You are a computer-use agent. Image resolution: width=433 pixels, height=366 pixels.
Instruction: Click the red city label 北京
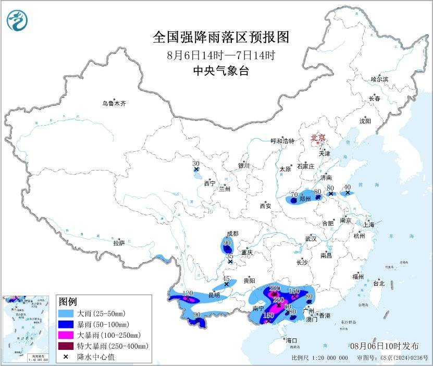tap(318, 138)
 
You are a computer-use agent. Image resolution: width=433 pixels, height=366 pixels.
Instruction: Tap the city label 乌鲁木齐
tap(114, 104)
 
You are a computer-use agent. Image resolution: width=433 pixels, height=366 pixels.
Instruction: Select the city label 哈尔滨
tap(379, 79)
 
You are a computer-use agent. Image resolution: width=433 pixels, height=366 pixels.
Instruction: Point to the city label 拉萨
tap(119, 243)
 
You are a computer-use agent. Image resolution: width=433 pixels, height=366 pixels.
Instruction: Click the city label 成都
tap(232, 234)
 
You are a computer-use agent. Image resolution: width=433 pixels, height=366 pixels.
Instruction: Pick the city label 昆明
tap(214, 295)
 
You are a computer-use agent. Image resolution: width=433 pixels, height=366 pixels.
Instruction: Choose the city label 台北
tap(378, 284)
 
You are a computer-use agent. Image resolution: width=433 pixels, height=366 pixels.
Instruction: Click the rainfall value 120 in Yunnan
tap(187, 294)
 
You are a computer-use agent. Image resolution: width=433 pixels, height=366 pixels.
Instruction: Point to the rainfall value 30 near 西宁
tap(196, 163)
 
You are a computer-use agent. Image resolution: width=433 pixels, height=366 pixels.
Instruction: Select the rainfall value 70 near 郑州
tap(294, 194)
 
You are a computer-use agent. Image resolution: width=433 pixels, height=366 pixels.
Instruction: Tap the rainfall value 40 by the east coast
tap(348, 187)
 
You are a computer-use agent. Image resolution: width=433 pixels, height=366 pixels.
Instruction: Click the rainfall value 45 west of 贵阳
tap(226, 278)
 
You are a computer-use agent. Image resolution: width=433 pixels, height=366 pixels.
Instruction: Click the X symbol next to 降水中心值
tap(66, 357)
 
